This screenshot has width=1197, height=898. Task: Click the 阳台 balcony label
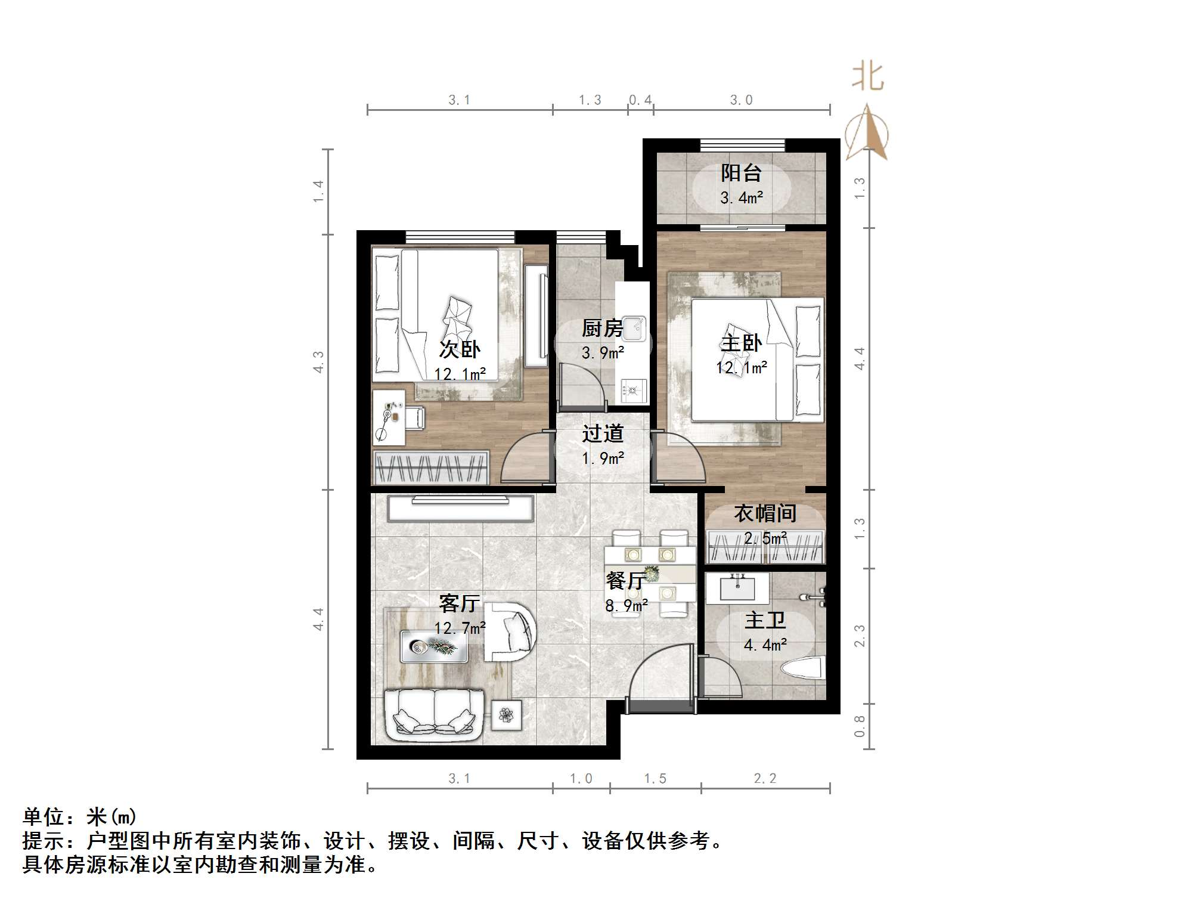[x=741, y=174]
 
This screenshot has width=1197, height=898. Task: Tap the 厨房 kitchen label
[x=601, y=329]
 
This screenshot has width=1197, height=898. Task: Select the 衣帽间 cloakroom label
[x=765, y=513]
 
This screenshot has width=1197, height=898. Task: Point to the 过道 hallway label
[x=603, y=433]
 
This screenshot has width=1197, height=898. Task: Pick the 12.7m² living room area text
[x=460, y=628]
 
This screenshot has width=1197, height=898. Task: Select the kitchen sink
[x=634, y=328]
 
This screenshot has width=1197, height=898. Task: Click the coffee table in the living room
[x=433, y=646]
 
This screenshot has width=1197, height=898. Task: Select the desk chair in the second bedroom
[x=414, y=417]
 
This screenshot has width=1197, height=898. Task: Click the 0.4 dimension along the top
[x=640, y=100]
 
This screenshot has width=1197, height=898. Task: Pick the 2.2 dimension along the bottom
[x=765, y=779]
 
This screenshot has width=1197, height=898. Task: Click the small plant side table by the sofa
[x=506, y=714]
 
